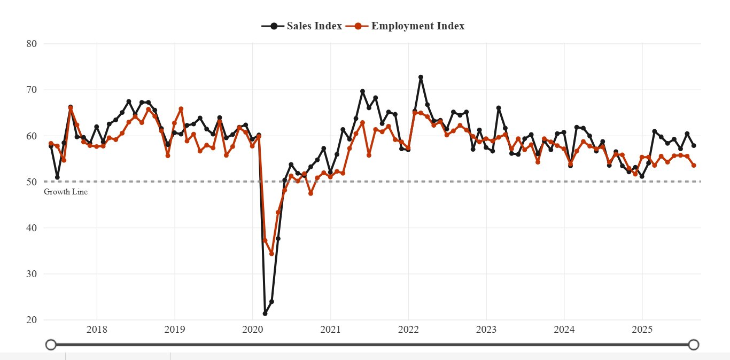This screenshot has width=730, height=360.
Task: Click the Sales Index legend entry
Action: tap(302, 26)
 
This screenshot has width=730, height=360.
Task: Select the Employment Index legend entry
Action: tap(406, 26)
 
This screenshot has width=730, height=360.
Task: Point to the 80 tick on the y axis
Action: tap(32, 44)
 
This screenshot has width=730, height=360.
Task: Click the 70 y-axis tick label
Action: tap(32, 90)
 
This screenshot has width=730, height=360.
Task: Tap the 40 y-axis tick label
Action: tap(32, 228)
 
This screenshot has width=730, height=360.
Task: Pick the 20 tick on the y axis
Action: tap(32, 320)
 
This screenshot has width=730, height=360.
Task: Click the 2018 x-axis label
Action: tap(97, 330)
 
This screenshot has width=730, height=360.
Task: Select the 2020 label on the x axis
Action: tap(252, 330)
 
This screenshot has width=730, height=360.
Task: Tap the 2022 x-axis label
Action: tap(408, 330)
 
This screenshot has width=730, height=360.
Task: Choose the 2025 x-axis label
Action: tap(642, 330)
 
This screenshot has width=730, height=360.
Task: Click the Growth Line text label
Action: tap(66, 192)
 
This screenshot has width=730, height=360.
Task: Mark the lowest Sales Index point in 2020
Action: tap(265, 314)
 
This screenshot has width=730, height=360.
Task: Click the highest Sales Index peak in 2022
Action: tap(421, 77)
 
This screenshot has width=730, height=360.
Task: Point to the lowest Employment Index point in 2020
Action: tap(271, 254)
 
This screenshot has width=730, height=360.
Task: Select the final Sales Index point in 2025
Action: tap(694, 145)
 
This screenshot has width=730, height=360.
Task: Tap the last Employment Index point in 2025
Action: tap(694, 166)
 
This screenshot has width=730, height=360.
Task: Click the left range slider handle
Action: tap(51, 345)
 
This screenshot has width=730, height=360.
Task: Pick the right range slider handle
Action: tap(694, 345)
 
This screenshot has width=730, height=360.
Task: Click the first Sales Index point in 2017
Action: tap(51, 146)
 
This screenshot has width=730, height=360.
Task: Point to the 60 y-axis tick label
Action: tap(32, 136)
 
